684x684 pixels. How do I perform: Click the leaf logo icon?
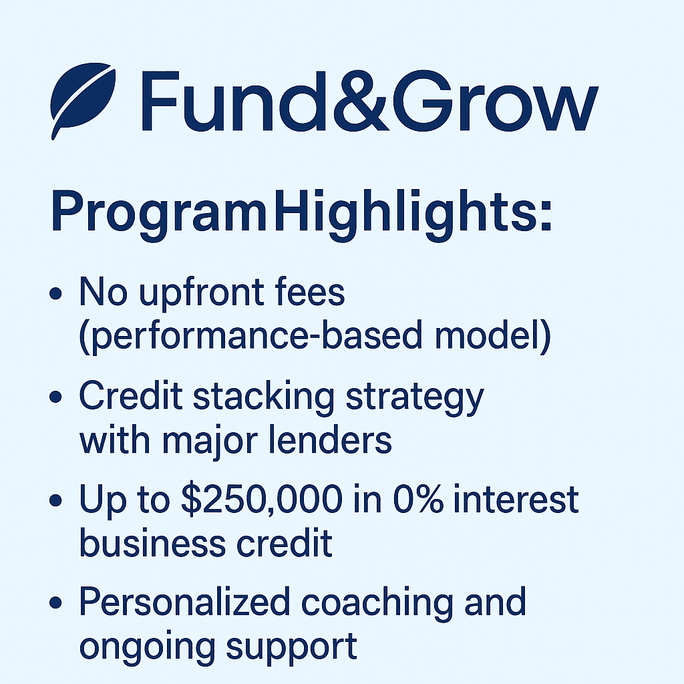[x=82, y=98]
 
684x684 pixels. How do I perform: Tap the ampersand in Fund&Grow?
[x=361, y=101]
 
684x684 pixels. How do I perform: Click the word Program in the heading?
[x=159, y=213]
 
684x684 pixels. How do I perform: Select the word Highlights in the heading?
[x=405, y=213]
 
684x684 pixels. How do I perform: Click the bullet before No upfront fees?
[x=55, y=293]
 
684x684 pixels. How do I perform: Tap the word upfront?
[x=201, y=293]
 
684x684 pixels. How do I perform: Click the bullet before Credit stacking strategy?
[x=55, y=397]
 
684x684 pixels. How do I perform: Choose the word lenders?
[x=329, y=440]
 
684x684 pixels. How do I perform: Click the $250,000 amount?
[x=262, y=500]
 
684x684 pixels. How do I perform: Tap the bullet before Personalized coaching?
[x=55, y=603]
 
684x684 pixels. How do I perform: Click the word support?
[x=292, y=649]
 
